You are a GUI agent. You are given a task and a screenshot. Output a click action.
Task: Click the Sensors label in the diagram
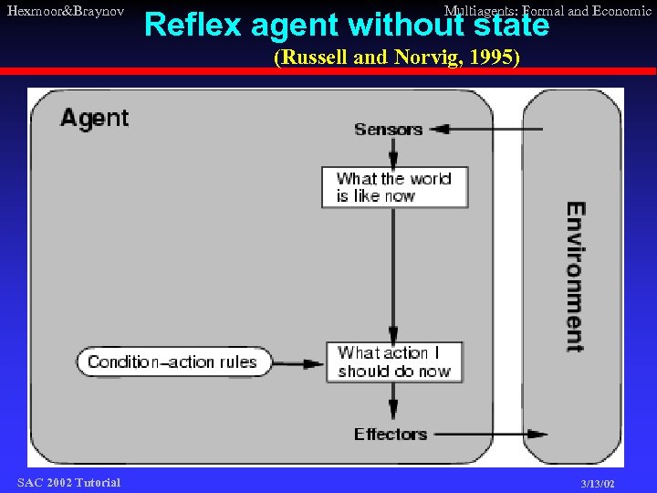coord(388,130)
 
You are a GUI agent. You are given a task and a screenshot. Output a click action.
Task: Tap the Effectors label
coord(391,435)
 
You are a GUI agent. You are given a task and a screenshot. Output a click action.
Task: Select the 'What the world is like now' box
coord(394,187)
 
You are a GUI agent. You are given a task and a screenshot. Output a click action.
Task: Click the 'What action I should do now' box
coord(394,362)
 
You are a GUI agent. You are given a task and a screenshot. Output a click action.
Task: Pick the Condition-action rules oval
coord(173,362)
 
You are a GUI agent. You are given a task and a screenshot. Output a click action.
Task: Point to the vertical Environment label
coord(575,277)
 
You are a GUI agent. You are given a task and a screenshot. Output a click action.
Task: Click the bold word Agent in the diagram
coord(95,118)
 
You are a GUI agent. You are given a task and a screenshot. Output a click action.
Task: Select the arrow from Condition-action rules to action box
coord(298,362)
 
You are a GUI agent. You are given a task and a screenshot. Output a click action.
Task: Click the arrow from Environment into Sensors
coord(484,130)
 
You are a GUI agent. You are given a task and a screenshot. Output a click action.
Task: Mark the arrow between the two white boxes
coord(393,274)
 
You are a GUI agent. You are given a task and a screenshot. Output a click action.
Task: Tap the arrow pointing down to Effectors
coord(393,403)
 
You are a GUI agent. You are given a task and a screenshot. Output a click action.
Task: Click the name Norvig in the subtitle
coord(424,58)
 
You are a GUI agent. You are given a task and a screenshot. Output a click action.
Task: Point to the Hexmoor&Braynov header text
coord(65,10)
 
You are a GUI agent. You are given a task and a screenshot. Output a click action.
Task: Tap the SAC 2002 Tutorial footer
coord(68,482)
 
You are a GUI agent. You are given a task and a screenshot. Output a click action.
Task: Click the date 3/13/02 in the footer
coord(598,483)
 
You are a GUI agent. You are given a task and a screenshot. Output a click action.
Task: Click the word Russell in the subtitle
coord(311,58)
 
